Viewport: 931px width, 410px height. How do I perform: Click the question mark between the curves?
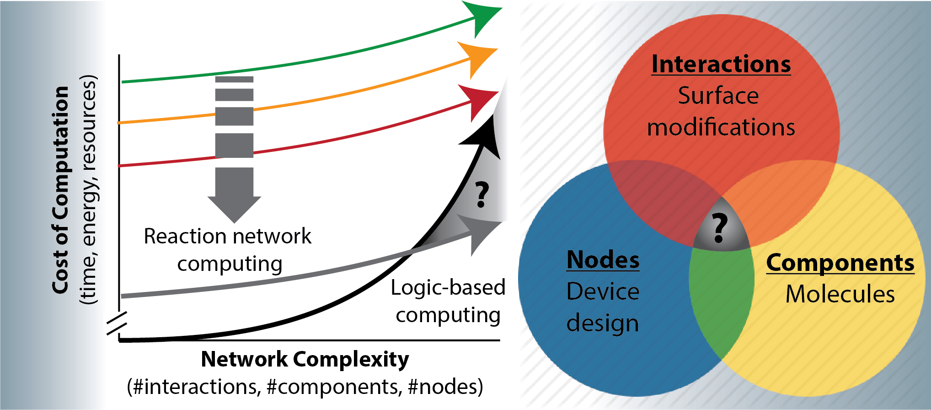pos(482,194)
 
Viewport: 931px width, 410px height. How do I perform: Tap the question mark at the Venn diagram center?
pos(720,227)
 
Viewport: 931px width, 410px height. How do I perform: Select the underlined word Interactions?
pos(721,64)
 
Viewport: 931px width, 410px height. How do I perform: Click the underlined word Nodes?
pos(603,260)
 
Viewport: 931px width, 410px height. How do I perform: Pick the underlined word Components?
pos(840,263)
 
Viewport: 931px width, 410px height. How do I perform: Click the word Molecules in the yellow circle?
pos(840,294)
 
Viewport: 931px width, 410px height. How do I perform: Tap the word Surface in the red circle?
pos(718,96)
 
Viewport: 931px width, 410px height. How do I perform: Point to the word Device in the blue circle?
pos(603,291)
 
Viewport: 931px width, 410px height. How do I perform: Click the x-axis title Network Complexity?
pos(305,359)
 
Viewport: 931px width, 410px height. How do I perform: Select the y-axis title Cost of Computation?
pos(61,190)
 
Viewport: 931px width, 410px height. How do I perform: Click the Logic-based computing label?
pos(448,301)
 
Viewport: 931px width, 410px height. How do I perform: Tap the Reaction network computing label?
pos(228,250)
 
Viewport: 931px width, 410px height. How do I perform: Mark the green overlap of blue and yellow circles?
pos(722,302)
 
